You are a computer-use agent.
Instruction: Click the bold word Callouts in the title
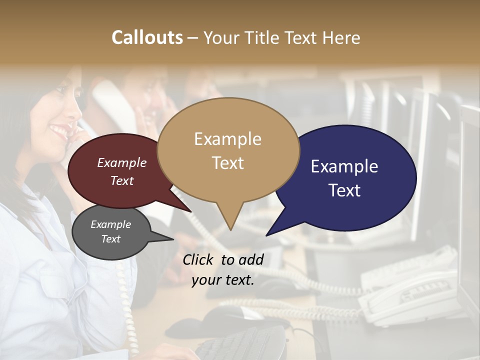147,37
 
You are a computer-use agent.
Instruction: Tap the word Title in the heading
264,37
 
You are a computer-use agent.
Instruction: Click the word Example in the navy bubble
344,166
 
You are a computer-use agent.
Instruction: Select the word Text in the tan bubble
228,163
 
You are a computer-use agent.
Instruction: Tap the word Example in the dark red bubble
122,162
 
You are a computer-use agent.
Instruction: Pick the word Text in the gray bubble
111,239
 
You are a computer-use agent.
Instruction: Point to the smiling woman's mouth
59,131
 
